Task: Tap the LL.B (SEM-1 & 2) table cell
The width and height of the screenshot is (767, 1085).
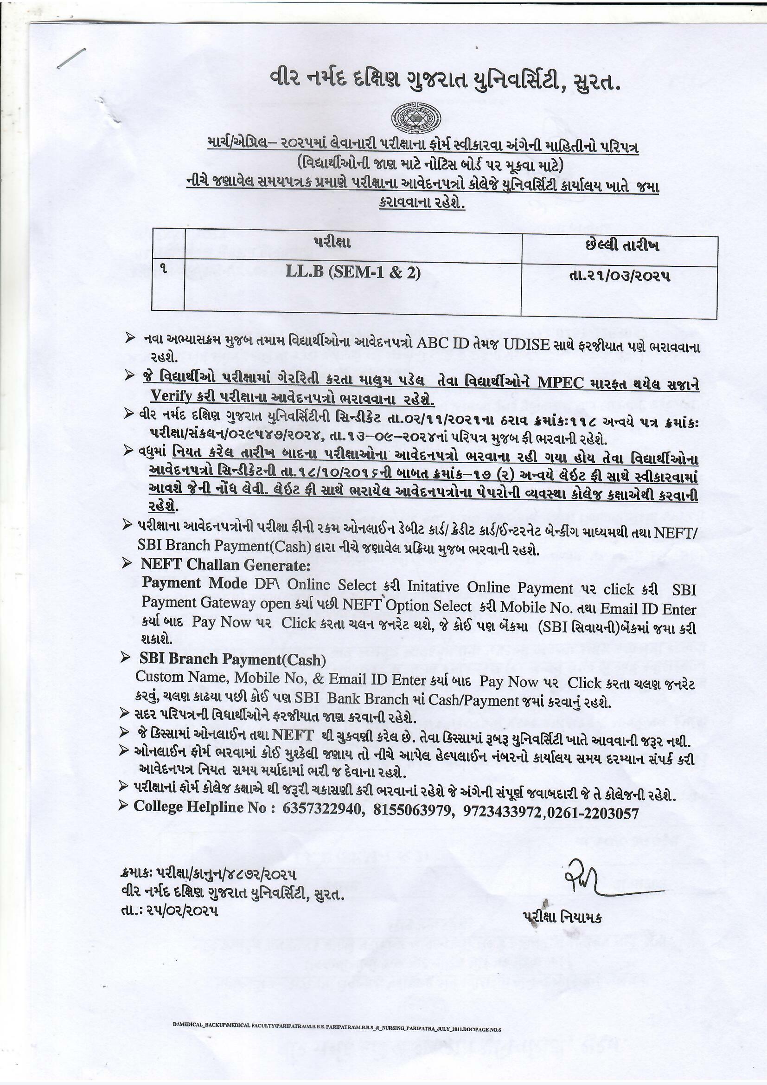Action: click(x=353, y=273)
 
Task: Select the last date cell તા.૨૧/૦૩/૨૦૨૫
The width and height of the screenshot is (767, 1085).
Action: click(x=620, y=276)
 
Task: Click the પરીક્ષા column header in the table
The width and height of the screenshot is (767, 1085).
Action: click(x=332, y=243)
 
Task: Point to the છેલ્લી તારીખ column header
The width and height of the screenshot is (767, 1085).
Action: click(x=622, y=246)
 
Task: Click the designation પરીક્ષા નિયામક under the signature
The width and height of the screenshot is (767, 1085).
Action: click(x=562, y=917)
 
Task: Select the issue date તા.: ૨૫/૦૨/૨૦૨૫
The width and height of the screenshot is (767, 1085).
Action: click(x=169, y=911)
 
